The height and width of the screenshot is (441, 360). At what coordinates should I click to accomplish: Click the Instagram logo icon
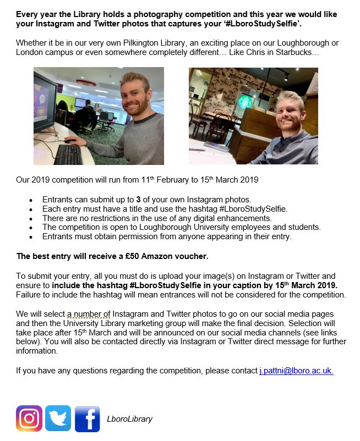point(29,418)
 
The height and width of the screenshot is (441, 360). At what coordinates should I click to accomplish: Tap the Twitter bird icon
point(58,418)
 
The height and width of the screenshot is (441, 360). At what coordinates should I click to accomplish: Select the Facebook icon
point(87,418)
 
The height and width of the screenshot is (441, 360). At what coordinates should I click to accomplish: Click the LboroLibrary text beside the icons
point(129,419)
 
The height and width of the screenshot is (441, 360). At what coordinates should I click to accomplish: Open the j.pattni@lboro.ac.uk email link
point(296,371)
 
